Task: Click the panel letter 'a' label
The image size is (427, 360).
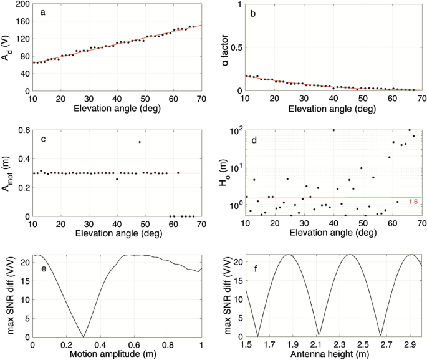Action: (x=41, y=12)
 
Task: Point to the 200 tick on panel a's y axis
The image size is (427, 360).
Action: (x=22, y=5)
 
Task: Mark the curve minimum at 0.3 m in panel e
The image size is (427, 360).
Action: (x=83, y=336)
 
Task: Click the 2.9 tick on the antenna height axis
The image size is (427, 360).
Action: (x=411, y=344)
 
